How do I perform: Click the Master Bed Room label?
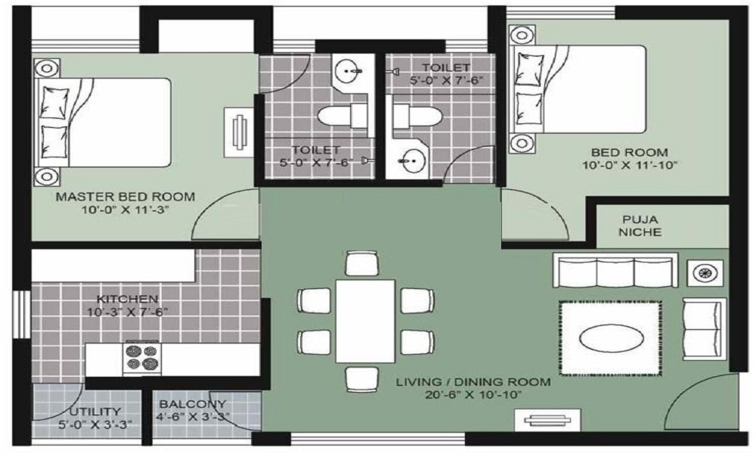[x=125, y=197]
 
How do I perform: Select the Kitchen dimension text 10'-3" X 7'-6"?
[x=127, y=311]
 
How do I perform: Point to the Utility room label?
[x=90, y=412]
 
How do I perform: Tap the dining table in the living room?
[x=365, y=320]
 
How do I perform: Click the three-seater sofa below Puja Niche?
[x=615, y=270]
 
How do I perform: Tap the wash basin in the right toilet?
[x=412, y=160]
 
